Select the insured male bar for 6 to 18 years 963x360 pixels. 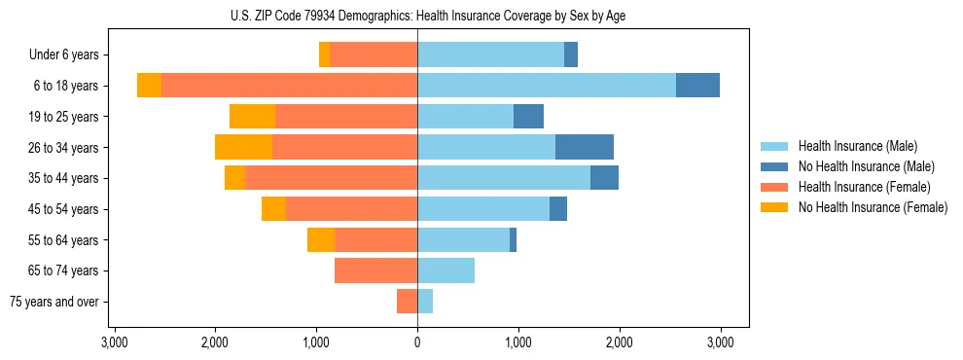tap(547, 86)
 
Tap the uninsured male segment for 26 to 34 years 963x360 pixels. tap(584, 147)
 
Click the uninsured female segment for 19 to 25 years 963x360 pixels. tap(252, 117)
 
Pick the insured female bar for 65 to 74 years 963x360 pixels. tap(375, 270)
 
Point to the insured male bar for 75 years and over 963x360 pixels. tap(425, 302)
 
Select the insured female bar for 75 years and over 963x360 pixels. tap(407, 302)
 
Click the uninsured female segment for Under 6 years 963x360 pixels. tap(324, 54)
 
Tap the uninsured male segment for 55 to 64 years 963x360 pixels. tap(513, 239)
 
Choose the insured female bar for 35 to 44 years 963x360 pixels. tap(331, 178)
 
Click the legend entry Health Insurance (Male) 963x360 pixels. tap(857, 146)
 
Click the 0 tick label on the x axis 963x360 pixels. tap(417, 342)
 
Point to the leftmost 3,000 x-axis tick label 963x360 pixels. tap(115, 342)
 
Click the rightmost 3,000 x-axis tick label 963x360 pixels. tap(720, 342)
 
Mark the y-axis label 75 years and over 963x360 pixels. tap(54, 302)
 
